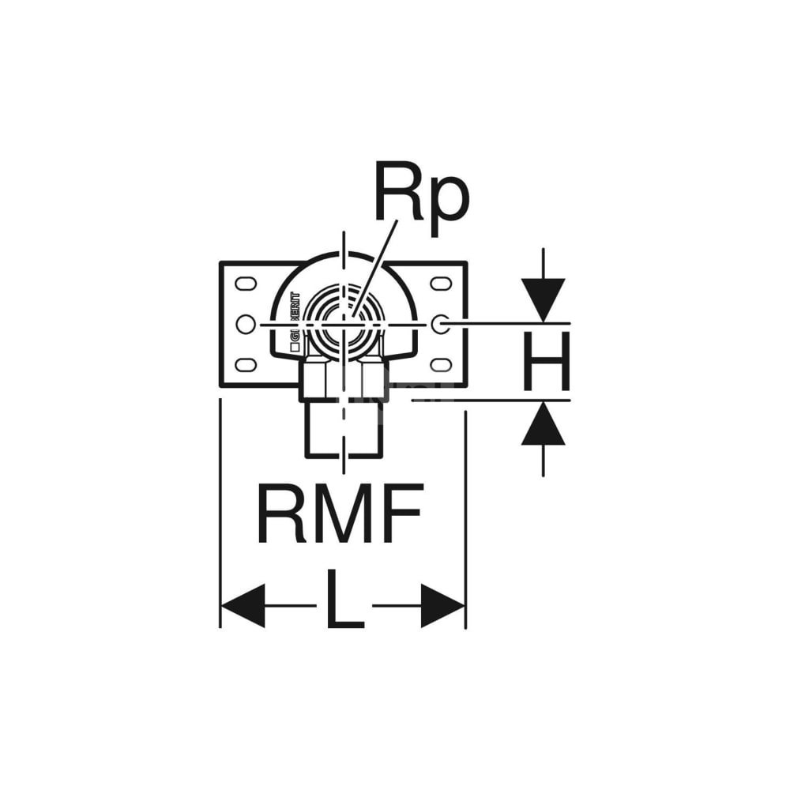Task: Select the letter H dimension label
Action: (546, 363)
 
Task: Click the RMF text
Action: (340, 513)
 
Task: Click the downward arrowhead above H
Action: (543, 299)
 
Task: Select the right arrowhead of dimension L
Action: (442, 606)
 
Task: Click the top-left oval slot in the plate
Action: (246, 283)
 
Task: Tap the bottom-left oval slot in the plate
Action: (246, 364)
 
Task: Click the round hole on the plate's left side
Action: (246, 324)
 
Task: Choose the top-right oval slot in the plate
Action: (440, 283)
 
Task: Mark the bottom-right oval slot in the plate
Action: (440, 364)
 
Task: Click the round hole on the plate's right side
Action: (440, 324)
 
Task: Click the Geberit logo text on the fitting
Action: (295, 316)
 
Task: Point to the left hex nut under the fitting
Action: (314, 379)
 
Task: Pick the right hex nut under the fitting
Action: (373, 379)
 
